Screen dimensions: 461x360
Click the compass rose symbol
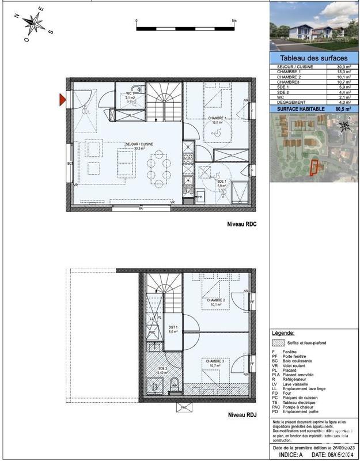34,24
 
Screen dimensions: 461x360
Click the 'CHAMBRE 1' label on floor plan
217,119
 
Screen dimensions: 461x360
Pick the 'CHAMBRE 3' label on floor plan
216,361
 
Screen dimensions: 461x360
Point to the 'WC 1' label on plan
130,94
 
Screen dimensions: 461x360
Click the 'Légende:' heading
283,333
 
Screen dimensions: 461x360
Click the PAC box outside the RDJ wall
184,407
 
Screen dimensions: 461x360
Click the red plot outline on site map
314,167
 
